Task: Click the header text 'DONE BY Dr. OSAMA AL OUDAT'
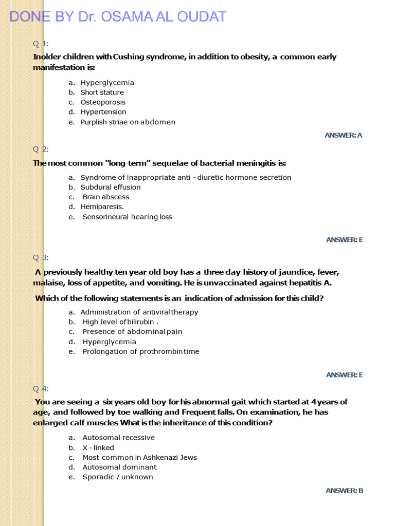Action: (x=118, y=16)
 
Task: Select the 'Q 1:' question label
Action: (x=41, y=43)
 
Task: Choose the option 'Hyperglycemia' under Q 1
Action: (x=107, y=83)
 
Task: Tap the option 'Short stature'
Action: (x=102, y=92)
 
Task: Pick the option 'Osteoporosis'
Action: (x=103, y=102)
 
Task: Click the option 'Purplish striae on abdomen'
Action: (x=128, y=122)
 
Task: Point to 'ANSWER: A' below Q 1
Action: (x=344, y=135)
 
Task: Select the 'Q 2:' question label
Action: (x=41, y=149)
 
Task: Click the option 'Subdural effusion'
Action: (x=110, y=187)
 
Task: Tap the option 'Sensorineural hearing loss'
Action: (x=127, y=217)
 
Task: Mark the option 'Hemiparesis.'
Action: (x=102, y=207)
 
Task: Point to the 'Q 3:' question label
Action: (x=41, y=257)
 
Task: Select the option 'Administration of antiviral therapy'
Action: (x=139, y=312)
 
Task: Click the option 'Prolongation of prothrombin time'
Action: (x=140, y=352)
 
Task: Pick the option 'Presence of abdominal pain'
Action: (x=132, y=332)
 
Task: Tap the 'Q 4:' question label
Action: (x=41, y=388)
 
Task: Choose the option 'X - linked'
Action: (x=98, y=448)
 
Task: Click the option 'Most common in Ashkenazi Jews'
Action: (x=139, y=458)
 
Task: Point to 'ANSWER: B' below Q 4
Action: (x=345, y=491)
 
